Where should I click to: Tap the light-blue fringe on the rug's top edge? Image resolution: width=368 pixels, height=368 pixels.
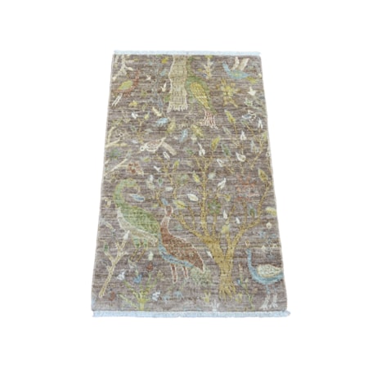pyautogui.click(x=186, y=52)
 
